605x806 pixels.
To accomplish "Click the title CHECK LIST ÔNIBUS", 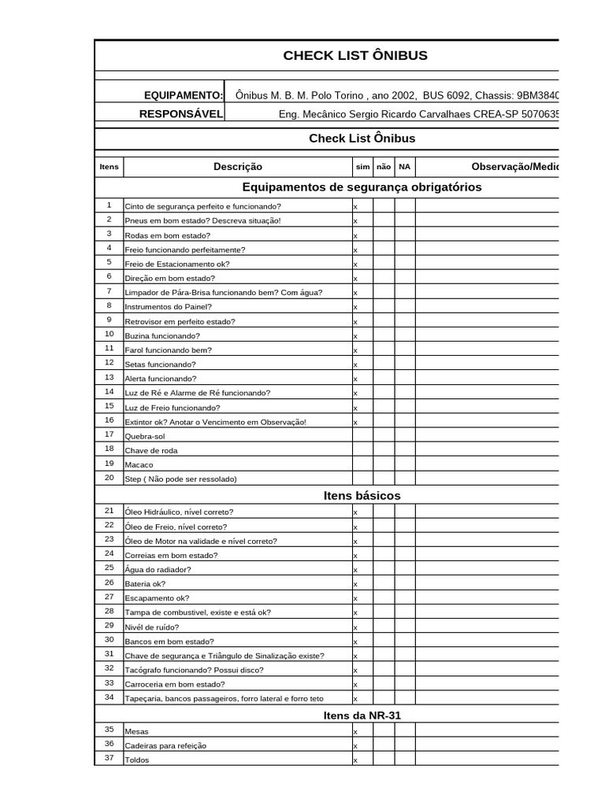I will point(355,55).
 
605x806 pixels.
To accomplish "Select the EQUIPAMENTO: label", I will point(184,95).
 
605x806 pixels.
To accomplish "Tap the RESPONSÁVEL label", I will point(181,114).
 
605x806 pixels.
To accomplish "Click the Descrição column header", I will point(238,167).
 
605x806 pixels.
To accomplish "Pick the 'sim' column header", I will point(362,167).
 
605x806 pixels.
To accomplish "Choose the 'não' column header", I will point(384,167).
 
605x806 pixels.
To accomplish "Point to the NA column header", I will point(405,167).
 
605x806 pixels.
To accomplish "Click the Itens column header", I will point(109,167).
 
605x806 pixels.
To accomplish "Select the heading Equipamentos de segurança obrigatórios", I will point(362,187).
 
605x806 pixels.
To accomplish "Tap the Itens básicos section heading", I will point(362,496).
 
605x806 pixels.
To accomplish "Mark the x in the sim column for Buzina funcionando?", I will point(355,336).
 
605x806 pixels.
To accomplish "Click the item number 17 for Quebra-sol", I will point(109,434).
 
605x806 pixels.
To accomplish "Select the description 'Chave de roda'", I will point(151,450).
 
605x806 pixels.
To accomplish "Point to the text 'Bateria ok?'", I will point(146,584).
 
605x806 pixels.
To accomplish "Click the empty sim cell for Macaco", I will point(362,464).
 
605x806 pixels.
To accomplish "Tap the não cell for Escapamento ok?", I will point(384,598).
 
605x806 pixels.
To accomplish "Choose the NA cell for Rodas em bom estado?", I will point(405,235).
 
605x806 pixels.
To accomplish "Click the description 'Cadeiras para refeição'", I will point(166,745).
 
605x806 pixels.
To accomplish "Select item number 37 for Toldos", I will point(109,759).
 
